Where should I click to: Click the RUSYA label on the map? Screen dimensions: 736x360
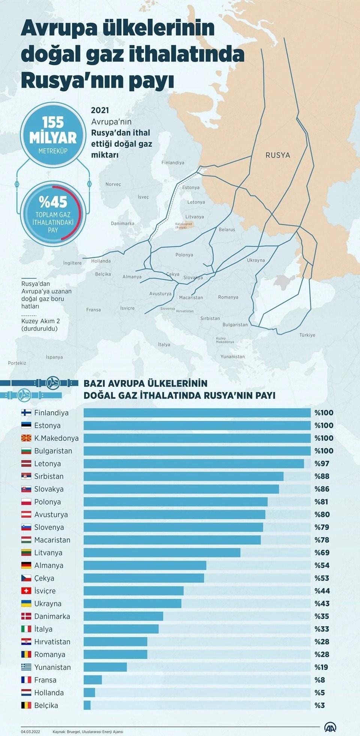click(x=277, y=155)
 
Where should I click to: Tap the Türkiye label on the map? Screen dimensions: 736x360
click(x=307, y=335)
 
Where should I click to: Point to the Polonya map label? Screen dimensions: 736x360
click(x=184, y=255)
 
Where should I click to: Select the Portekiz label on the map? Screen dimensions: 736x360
click(x=17, y=363)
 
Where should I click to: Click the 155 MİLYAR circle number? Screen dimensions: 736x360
click(x=53, y=130)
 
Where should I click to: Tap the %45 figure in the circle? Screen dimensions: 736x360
click(x=53, y=202)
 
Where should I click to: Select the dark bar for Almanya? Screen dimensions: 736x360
click(x=145, y=565)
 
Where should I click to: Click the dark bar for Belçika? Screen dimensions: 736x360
click(x=87, y=705)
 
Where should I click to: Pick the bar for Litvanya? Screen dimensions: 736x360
click(x=162, y=553)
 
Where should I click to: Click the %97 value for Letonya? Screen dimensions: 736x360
click(x=322, y=464)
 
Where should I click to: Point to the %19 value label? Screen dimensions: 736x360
click(x=321, y=667)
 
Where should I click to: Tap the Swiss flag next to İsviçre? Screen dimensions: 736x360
click(x=26, y=591)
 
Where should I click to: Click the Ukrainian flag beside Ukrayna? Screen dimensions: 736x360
click(x=26, y=604)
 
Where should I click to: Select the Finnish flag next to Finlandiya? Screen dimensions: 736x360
click(x=26, y=413)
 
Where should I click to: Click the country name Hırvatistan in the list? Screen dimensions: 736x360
click(x=52, y=642)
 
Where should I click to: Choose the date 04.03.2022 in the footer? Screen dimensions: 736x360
click(x=31, y=731)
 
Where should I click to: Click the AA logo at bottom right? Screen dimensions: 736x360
click(x=330, y=727)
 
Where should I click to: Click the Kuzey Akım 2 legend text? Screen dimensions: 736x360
click(x=40, y=321)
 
